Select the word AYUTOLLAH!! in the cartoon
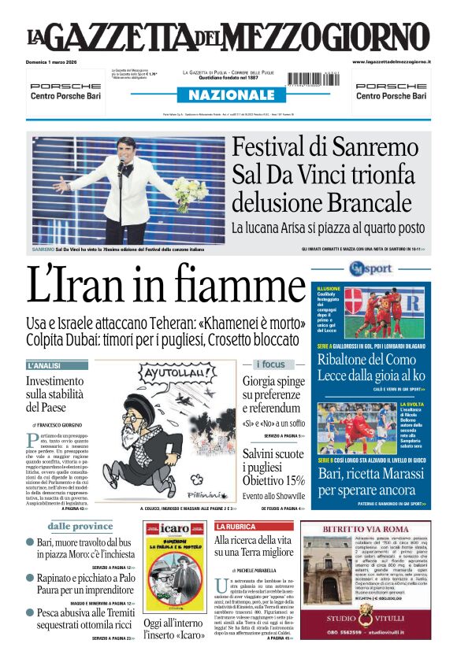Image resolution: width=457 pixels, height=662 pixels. pyautogui.click(x=168, y=372)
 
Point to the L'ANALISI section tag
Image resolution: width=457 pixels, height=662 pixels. pyautogui.click(x=56, y=366)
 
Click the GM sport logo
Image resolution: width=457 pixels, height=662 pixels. pyautogui.click(x=370, y=269)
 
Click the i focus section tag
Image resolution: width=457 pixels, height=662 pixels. pyautogui.click(x=270, y=364)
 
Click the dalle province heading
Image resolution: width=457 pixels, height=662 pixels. pyautogui.click(x=80, y=526)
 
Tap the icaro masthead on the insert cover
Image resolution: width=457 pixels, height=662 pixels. pyautogui.click(x=175, y=527)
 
